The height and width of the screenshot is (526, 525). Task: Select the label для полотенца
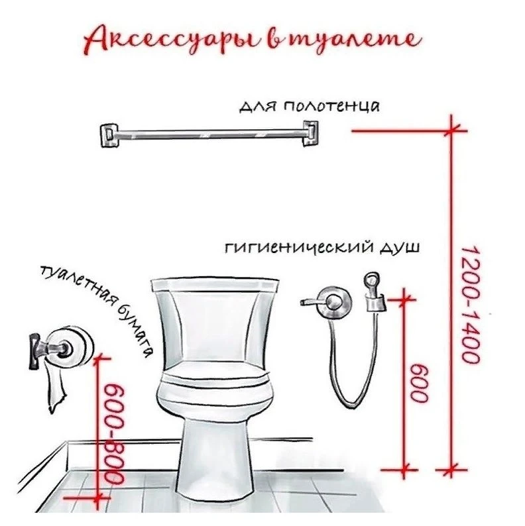coord(309,107)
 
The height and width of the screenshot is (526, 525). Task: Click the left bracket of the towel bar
coord(109,136)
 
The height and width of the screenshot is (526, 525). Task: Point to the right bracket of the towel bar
coord(310,133)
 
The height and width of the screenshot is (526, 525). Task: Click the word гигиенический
coord(299,248)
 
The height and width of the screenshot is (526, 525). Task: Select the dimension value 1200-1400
coord(470,305)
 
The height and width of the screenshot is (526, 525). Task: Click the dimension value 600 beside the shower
coord(420,382)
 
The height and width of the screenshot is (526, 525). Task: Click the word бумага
coord(135,330)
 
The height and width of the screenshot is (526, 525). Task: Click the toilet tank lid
coord(215,284)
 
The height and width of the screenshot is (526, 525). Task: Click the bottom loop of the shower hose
coord(352,401)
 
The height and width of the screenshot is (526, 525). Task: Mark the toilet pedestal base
coord(215,463)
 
